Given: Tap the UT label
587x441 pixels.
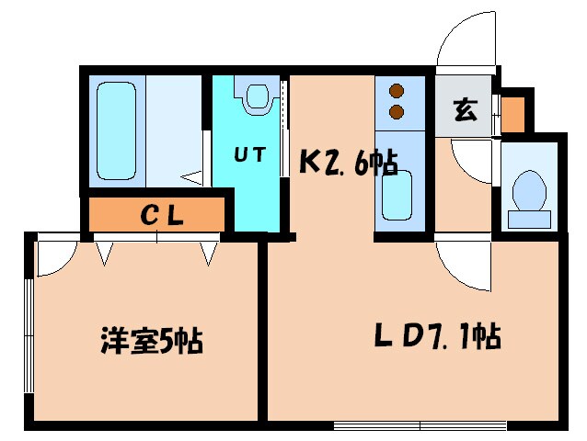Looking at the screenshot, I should pos(249,156).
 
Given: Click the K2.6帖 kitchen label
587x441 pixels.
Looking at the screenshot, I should pos(349,163).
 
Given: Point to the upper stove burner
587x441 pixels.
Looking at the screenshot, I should pos(397,92).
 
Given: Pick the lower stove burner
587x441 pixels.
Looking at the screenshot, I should pos(397,111).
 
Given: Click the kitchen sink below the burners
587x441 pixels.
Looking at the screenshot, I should pos(396,194).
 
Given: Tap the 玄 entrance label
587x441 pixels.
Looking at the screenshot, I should pos(465,112).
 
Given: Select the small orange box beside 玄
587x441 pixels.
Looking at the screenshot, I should pos(512,113).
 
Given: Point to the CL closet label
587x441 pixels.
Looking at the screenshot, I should pos(164,216).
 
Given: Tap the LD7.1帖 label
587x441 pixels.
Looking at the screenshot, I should pos(438,337).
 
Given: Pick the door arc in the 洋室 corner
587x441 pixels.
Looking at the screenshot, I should pos(52,257).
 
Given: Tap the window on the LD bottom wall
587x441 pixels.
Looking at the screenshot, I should pos(419,424).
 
